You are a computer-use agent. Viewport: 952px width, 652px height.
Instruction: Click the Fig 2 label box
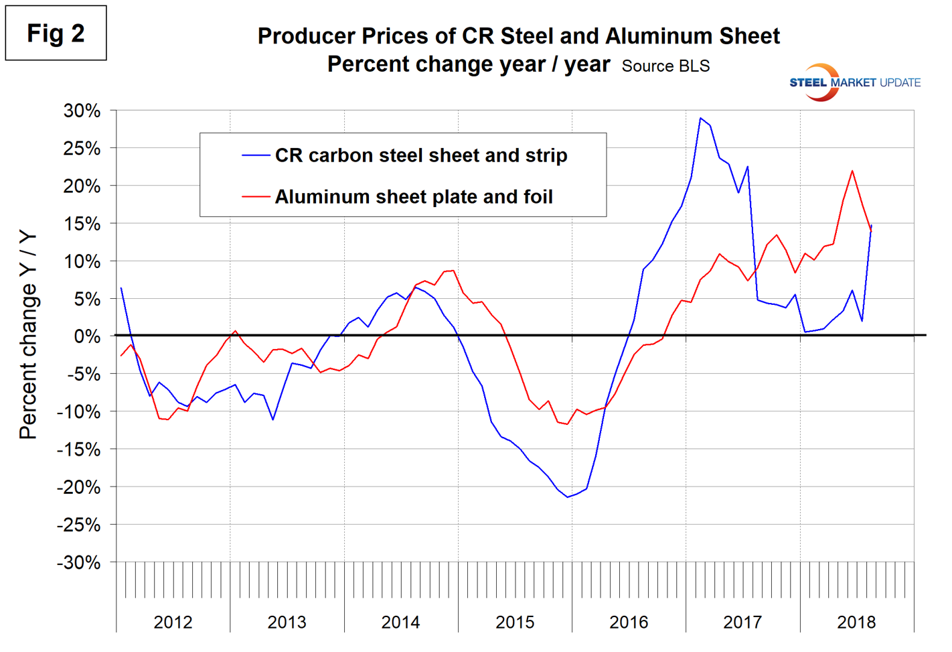pos(56,33)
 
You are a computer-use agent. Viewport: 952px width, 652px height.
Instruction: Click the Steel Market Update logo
pos(854,82)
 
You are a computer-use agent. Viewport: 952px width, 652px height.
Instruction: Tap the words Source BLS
pos(665,66)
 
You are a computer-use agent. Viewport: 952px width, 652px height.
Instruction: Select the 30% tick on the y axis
pos(82,111)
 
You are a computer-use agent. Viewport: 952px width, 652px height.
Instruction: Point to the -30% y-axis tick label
pos(78,562)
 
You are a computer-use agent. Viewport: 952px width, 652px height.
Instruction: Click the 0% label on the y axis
pos(87,336)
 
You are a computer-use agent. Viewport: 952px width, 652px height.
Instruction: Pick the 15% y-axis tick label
pos(82,223)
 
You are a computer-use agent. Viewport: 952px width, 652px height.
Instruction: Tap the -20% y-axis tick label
pos(78,487)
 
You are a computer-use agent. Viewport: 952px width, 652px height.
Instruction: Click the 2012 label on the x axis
pos(173,622)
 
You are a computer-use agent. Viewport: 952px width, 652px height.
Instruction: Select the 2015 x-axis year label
pos(515,622)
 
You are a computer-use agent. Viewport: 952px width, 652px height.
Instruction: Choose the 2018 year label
pos(856,622)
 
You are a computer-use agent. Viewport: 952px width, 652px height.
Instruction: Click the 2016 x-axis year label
pos(629,622)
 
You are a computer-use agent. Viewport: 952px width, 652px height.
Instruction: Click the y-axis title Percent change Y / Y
pos(28,335)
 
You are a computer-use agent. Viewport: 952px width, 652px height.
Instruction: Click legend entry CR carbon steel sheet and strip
pos(421,155)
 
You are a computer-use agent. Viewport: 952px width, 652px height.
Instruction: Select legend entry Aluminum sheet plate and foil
pos(414,197)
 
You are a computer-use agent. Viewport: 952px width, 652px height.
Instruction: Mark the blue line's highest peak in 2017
pos(700,118)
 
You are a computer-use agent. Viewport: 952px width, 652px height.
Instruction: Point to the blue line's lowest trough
pos(568,497)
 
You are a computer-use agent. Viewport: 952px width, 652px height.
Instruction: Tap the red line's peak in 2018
pos(852,171)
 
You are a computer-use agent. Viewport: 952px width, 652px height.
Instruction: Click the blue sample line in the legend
pos(256,155)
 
